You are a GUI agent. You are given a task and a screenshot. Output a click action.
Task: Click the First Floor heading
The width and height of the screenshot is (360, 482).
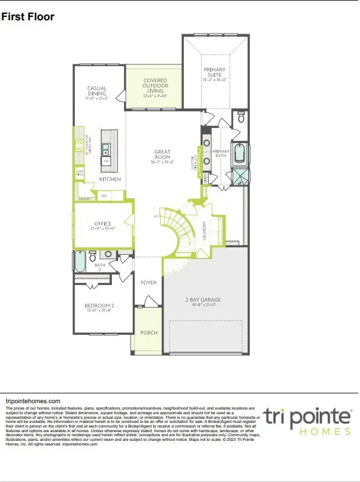coord(28,17)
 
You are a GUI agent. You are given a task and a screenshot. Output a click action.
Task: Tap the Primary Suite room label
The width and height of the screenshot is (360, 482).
coord(214,74)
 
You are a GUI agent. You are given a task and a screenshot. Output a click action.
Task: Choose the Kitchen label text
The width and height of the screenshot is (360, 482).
coord(110,180)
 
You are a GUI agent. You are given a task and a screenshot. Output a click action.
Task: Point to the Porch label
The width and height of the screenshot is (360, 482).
coord(148,333)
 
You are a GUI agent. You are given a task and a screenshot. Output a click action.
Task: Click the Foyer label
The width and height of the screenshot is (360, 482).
coord(148,283)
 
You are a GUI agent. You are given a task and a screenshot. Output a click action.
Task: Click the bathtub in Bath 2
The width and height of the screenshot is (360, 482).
coord(81,261)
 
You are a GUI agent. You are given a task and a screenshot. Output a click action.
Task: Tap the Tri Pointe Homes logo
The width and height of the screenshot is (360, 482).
coord(307,421)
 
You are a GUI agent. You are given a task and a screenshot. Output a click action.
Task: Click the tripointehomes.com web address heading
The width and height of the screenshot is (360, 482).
coord(32,401)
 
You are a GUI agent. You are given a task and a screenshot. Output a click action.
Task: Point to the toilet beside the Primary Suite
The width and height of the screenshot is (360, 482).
coord(242,118)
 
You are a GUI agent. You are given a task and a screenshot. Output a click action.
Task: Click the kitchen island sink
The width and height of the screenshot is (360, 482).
coord(106,149)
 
